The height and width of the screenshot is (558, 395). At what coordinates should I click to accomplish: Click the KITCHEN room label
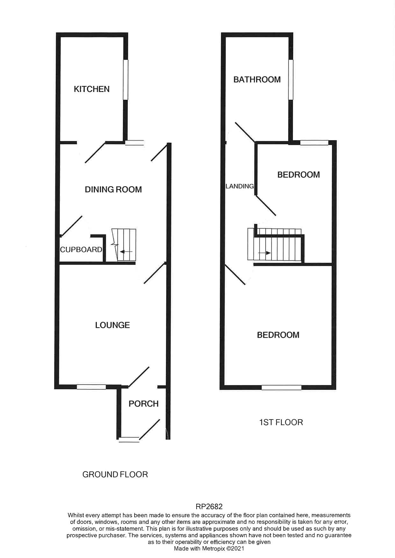[x=92, y=89]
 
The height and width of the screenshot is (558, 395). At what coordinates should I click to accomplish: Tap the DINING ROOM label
[x=113, y=190]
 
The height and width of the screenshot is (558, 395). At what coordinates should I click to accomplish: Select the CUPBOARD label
[x=81, y=250]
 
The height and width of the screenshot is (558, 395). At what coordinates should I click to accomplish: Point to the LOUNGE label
[x=112, y=325]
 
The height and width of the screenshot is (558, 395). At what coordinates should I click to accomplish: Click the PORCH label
[x=143, y=404]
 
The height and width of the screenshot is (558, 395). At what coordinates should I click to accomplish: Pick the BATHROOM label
[x=257, y=80]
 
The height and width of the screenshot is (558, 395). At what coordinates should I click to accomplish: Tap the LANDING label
[x=240, y=186]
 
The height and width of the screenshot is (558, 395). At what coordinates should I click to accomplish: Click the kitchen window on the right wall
[x=126, y=80]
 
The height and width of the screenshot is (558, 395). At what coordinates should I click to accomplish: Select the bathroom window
[x=291, y=80]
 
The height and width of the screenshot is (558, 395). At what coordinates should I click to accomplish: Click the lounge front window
[x=91, y=387]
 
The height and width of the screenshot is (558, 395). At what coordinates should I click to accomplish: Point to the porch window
[x=129, y=440]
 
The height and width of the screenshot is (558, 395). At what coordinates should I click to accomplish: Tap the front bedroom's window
[x=281, y=387]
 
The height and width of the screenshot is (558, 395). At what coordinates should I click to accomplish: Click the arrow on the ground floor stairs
[x=126, y=252]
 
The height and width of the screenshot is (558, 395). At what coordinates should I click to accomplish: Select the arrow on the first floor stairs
[x=264, y=253]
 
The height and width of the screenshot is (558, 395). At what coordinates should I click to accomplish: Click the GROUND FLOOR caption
[x=115, y=475]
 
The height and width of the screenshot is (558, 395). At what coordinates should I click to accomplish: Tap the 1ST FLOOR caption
[x=281, y=422]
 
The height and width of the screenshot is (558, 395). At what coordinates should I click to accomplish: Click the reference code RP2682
[x=209, y=506]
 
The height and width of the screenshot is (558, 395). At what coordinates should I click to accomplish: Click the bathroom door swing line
[x=245, y=132]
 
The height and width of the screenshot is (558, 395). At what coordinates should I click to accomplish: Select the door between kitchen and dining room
[x=95, y=152]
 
